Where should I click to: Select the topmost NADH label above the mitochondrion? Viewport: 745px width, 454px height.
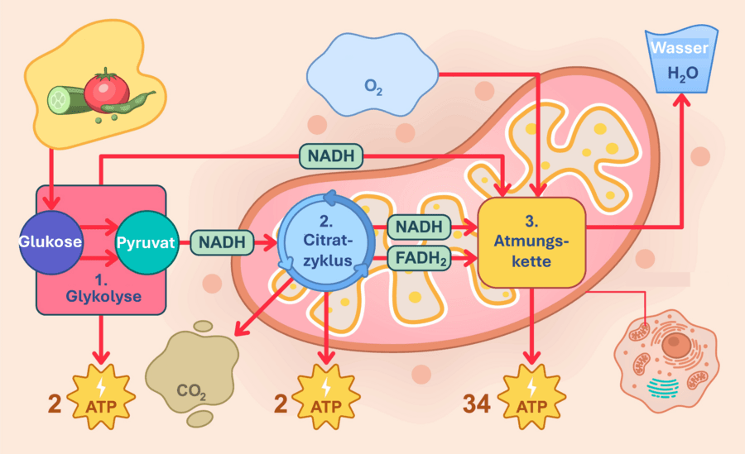click(330, 155)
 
